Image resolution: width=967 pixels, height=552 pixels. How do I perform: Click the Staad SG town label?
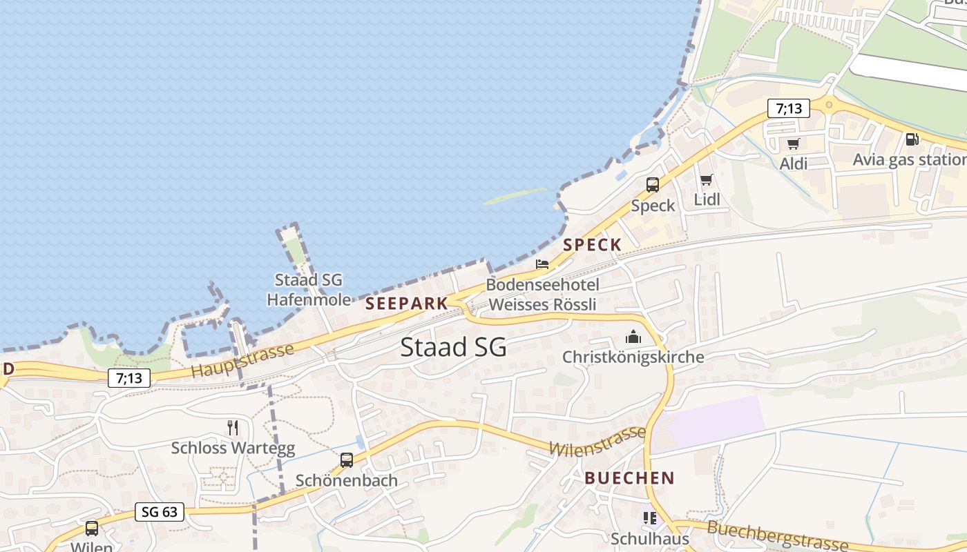(x=453, y=347)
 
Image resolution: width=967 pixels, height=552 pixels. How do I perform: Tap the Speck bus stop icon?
(x=653, y=184)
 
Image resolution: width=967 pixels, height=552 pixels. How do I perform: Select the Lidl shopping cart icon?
(x=706, y=180)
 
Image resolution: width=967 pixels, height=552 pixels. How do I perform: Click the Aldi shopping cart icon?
(x=793, y=144)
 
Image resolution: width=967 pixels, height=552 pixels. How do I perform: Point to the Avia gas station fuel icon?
(x=912, y=139)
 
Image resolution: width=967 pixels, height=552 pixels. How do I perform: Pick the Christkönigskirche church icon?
(x=633, y=337)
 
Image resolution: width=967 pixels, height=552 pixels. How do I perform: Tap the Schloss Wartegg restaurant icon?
(x=233, y=428)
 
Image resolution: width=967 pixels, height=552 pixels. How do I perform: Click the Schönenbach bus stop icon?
(x=347, y=460)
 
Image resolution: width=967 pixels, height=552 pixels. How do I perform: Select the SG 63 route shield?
(x=160, y=511)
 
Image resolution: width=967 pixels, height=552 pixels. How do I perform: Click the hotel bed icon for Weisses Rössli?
(x=542, y=264)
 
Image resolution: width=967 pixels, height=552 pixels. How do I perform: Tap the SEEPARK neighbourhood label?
(x=407, y=304)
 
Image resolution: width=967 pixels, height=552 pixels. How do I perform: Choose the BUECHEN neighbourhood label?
(x=629, y=477)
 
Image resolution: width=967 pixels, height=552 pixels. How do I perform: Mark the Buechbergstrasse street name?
(x=778, y=537)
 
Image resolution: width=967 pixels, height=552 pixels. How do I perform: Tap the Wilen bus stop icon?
(x=92, y=529)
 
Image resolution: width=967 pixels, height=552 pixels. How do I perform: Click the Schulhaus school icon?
(x=649, y=517)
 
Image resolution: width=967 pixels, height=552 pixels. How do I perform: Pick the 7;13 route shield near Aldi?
(x=788, y=108)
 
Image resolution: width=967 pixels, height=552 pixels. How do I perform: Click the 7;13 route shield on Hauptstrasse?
(x=129, y=377)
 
